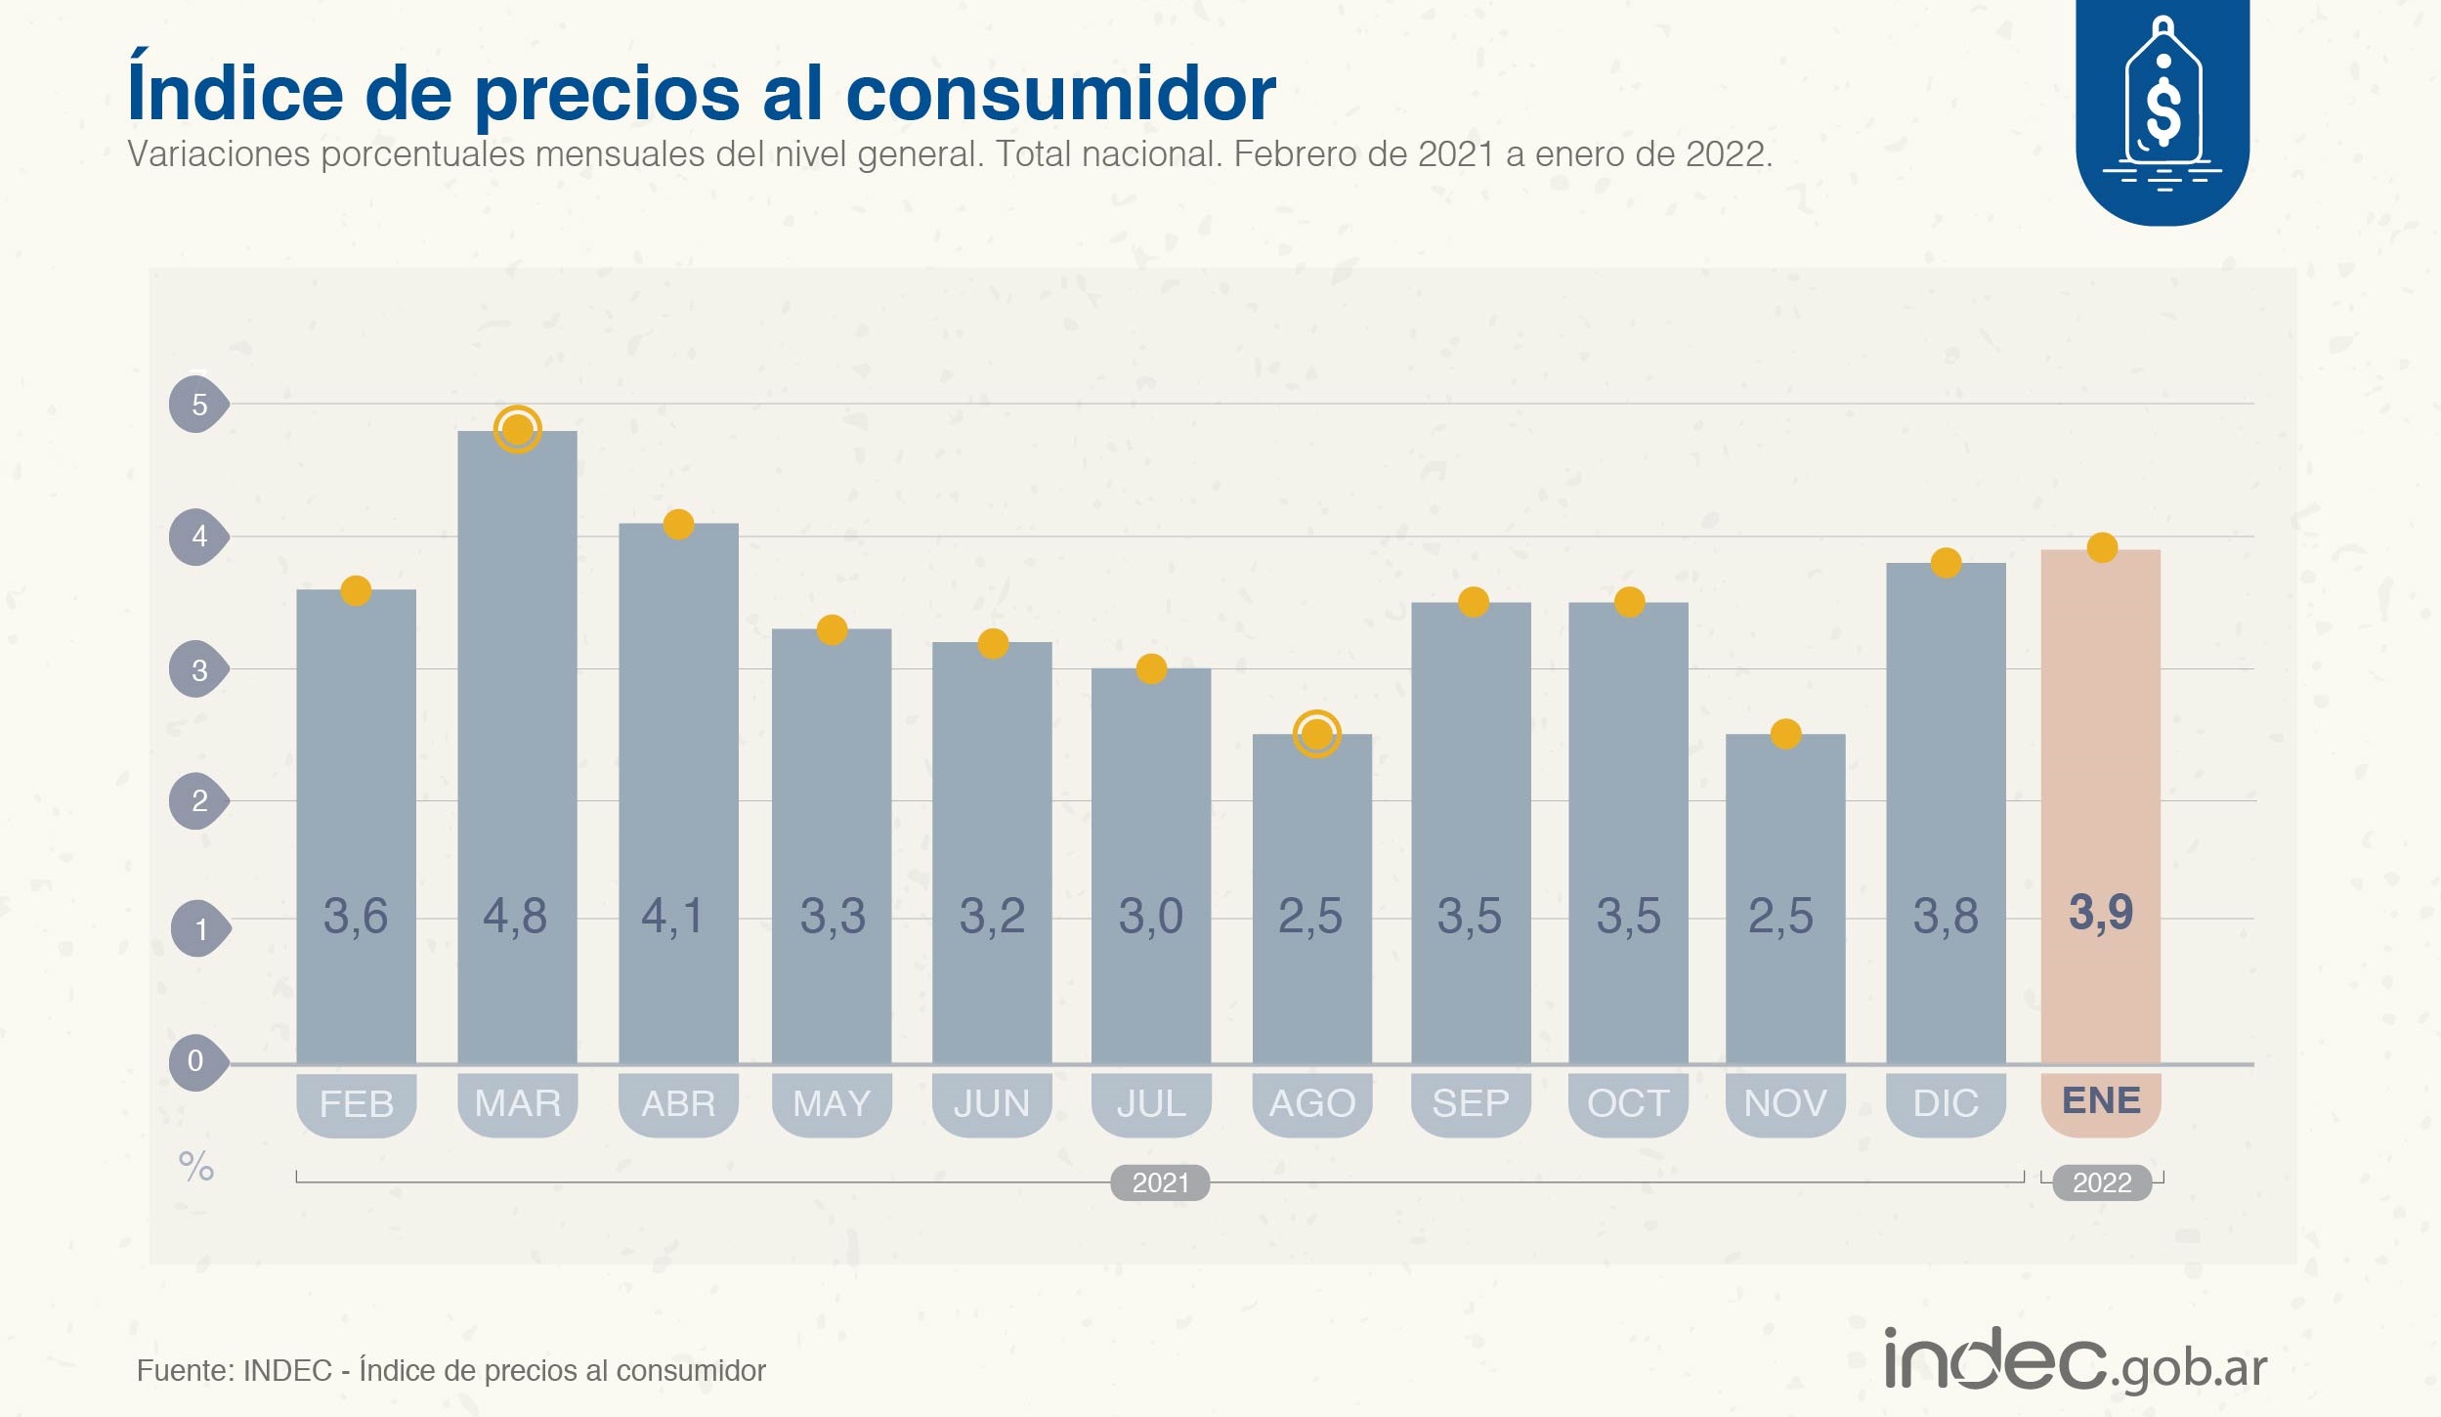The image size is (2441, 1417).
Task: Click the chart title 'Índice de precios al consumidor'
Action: pos(701,94)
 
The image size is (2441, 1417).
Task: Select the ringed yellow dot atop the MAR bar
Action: pos(517,429)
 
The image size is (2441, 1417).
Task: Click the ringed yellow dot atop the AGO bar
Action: pos(1316,733)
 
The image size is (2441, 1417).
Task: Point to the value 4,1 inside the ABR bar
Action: pos(672,916)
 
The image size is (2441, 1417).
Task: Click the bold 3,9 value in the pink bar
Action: pos(2101,913)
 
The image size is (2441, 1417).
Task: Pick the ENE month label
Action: pos(2101,1101)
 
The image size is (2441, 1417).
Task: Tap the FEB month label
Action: pos(357,1104)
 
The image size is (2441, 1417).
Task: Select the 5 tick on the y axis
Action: pos(198,404)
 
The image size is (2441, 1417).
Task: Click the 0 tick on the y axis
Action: pos(196,1061)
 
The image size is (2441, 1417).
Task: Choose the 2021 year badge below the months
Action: pos(1160,1182)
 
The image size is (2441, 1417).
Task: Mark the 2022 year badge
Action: pos(2102,1182)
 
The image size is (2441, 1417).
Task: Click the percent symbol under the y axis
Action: pos(196,1166)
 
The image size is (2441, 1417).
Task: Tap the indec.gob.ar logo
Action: pos(2075,1361)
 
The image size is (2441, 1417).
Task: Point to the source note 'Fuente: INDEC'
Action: pos(450,1371)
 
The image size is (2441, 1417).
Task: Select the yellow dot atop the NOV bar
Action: pos(1785,733)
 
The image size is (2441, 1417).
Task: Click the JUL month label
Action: pos(1151,1104)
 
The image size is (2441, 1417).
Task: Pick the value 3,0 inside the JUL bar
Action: pos(1150,916)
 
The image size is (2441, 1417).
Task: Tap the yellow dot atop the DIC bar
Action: pos(1946,563)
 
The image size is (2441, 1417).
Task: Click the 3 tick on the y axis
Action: pos(198,669)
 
